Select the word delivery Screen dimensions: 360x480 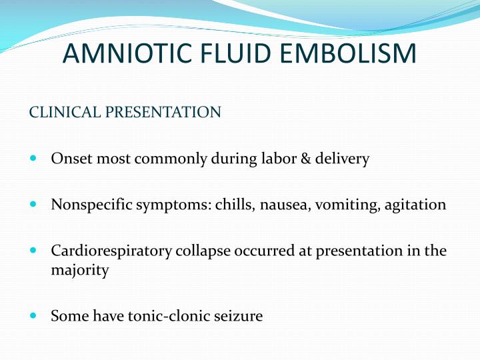pyautogui.click(x=345, y=160)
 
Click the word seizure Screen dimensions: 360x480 pyautogui.click(x=239, y=315)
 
